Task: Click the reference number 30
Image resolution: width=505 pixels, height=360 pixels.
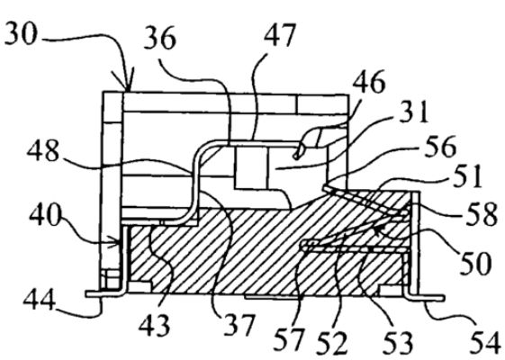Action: (x=21, y=33)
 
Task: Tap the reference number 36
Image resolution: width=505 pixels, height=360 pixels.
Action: (x=160, y=39)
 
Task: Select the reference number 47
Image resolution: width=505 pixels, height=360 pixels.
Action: (x=280, y=36)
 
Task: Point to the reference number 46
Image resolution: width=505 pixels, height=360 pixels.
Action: (x=369, y=82)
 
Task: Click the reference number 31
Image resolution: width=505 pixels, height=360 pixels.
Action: (x=414, y=112)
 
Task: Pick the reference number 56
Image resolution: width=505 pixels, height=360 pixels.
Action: (x=440, y=147)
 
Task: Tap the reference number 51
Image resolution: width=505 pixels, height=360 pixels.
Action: (x=467, y=176)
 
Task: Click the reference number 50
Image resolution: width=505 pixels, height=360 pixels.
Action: (x=474, y=263)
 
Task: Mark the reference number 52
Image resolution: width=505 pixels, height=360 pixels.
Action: (x=332, y=343)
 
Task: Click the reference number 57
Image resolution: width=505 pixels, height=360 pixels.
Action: (x=289, y=339)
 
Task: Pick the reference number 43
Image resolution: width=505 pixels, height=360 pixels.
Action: (x=154, y=325)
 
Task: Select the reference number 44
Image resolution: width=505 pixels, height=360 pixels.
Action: (x=40, y=300)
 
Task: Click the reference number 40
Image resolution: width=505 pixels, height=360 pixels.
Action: (x=45, y=215)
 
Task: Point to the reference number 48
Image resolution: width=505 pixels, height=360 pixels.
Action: (x=43, y=151)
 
